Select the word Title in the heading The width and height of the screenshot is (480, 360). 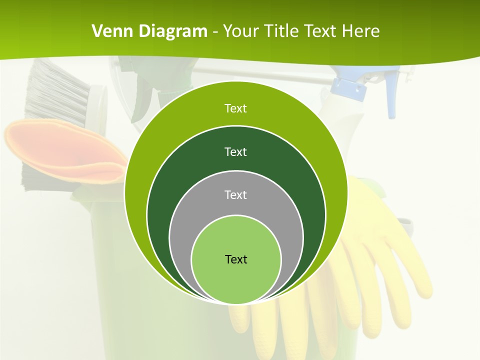point(283,31)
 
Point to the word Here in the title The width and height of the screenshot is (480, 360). point(360,31)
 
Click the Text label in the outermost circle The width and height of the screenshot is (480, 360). point(235,108)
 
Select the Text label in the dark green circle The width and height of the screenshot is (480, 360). point(235,152)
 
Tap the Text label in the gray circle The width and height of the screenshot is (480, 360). point(235,195)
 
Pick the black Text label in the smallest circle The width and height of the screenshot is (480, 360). point(236,259)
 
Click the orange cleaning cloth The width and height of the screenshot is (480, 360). point(60,150)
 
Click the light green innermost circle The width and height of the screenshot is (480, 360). point(236,280)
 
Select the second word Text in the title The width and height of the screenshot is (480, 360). point(321,31)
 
